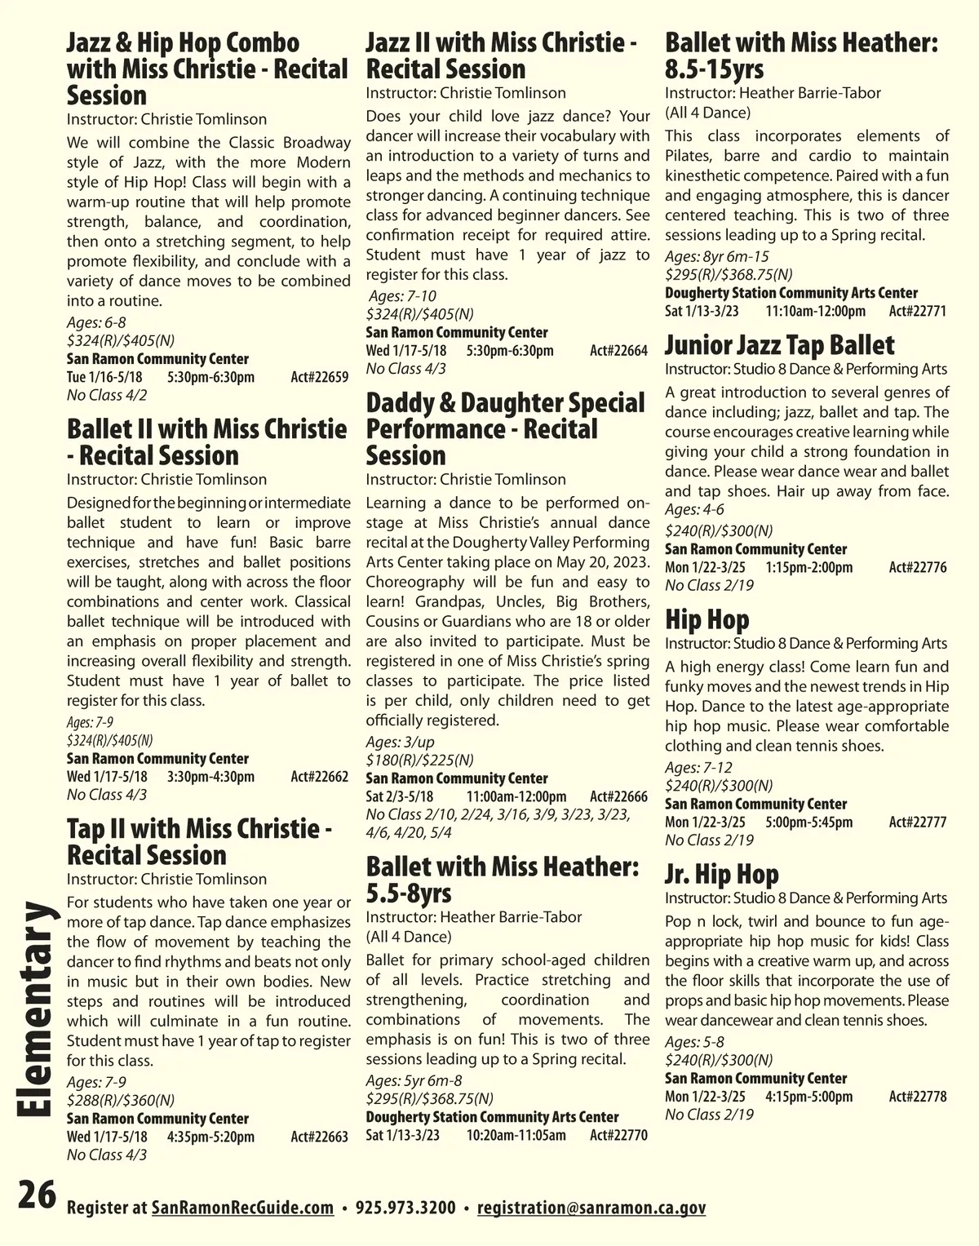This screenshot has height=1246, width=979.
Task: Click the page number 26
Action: [x=37, y=1197]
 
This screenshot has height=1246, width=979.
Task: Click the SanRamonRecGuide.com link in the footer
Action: [x=242, y=1208]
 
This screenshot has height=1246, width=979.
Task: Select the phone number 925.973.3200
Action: [x=405, y=1208]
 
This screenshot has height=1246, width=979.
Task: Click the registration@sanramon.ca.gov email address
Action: [x=591, y=1208]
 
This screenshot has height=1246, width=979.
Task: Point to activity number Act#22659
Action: [x=320, y=377]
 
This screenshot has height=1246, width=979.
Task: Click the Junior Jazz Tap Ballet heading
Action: [x=779, y=345]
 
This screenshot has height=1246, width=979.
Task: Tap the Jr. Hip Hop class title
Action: [x=721, y=874]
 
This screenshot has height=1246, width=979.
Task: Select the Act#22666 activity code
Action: [x=618, y=796]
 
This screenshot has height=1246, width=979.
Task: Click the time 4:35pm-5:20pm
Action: [x=210, y=1137]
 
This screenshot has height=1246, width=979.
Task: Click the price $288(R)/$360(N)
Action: [x=121, y=1100]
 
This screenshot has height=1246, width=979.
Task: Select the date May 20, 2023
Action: [x=607, y=562]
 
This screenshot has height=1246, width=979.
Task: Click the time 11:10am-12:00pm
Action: [x=815, y=311]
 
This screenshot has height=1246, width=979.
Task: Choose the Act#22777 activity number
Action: [x=918, y=822]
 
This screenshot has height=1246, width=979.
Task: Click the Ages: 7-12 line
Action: [x=698, y=767]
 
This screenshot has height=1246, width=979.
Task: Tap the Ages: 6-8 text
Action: [x=96, y=322]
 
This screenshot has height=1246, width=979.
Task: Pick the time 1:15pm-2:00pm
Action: [x=809, y=567]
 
